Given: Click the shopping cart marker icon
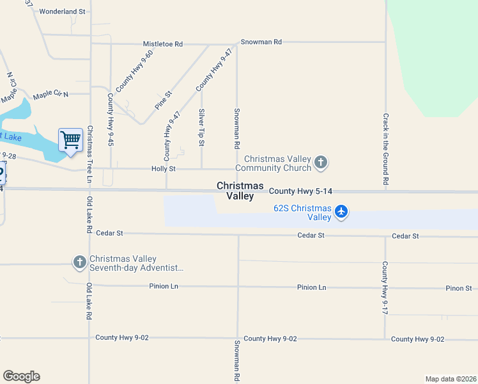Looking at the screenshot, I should (70, 140).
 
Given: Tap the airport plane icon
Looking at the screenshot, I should (341, 211).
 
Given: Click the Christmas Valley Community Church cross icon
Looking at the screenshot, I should (321, 163).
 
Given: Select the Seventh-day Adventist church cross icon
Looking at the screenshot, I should (79, 262).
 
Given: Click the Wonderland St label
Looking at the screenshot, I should (62, 12).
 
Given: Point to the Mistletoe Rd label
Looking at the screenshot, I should (162, 44).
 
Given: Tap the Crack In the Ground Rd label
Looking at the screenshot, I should (386, 149).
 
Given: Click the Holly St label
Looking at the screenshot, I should (163, 169).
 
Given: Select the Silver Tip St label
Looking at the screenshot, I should (201, 128).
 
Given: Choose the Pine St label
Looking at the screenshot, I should (164, 102).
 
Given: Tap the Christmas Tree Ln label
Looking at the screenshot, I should (90, 154).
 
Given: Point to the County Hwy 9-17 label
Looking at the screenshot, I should (385, 287).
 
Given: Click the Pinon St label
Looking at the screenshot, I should (458, 288).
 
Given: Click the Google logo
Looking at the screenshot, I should (21, 376).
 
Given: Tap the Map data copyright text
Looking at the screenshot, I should (451, 379).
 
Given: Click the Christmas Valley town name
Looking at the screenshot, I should (240, 191).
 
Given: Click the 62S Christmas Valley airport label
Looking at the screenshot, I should (302, 212).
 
